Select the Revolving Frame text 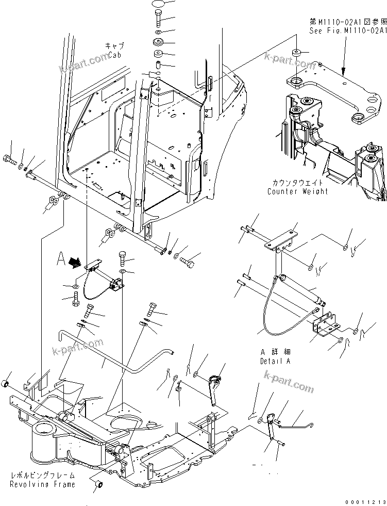(42, 484)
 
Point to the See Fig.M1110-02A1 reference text (347, 31)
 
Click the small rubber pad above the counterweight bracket (297, 54)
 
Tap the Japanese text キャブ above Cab (114, 46)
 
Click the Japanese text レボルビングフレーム (42, 476)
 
